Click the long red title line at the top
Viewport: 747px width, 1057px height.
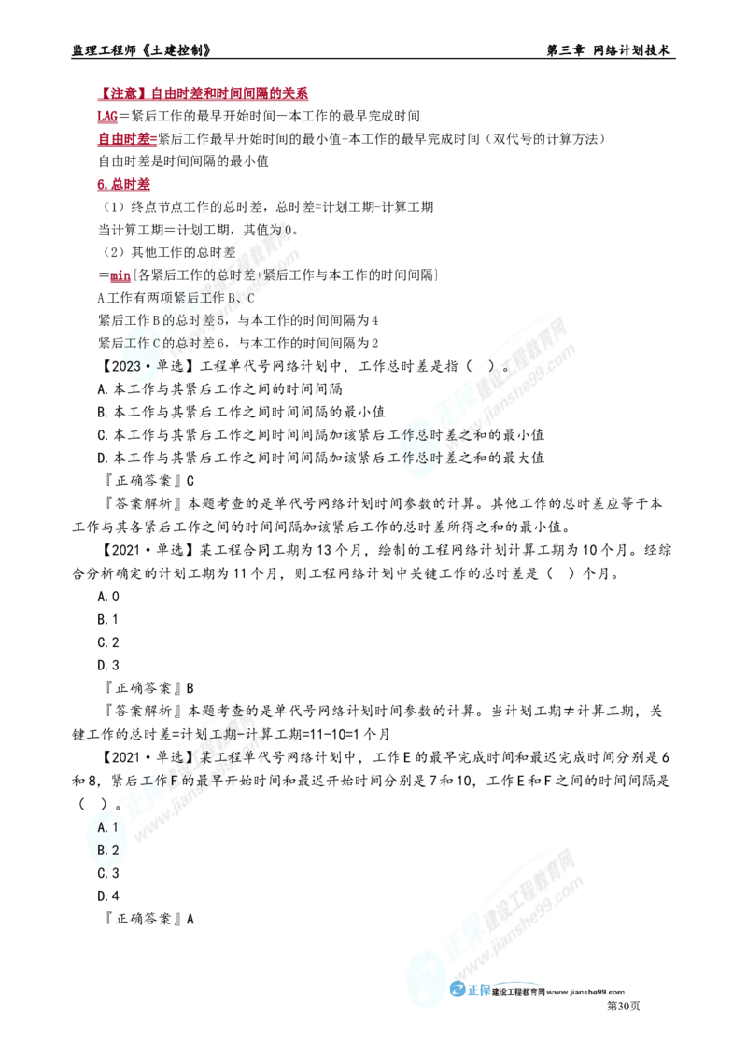coord(204,94)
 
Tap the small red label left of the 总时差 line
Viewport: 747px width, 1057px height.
coord(120,277)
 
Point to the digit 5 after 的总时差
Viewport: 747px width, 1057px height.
coord(220,320)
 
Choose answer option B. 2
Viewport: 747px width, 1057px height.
coord(106,850)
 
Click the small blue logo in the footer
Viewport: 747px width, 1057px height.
coord(470,993)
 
